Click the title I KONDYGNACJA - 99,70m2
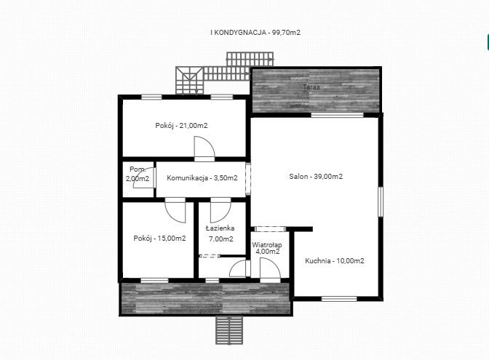[255, 33]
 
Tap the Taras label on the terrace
[311, 87]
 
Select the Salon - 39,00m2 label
[316, 177]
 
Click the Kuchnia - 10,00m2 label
[335, 261]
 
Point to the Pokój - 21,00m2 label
[181, 126]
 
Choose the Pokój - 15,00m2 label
[159, 239]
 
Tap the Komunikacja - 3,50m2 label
[202, 178]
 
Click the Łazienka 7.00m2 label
[220, 233]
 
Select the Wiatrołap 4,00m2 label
[267, 248]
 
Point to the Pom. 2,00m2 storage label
[138, 174]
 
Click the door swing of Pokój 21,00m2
[204, 148]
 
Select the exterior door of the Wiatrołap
[271, 271]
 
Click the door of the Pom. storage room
[145, 177]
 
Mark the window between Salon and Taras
[338, 115]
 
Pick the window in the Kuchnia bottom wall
[339, 299]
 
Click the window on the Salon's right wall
[381, 201]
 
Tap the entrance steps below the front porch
[229, 330]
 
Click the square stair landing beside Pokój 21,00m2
[189, 81]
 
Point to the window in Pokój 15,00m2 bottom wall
[155, 281]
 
